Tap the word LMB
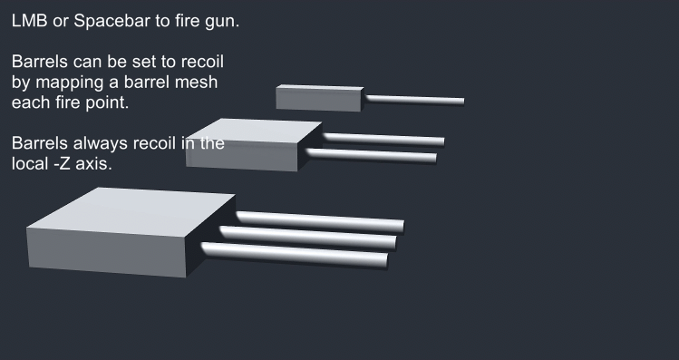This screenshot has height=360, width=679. (29, 20)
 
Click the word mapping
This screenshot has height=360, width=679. (72, 83)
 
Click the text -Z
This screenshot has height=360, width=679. (64, 164)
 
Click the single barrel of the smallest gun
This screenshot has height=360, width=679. (415, 101)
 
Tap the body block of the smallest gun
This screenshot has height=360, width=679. (319, 98)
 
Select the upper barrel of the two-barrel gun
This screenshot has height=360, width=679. (383, 140)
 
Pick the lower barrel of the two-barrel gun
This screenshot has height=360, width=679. (372, 155)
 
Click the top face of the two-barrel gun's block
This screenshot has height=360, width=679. (255, 131)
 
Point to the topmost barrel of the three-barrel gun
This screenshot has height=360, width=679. (320, 222)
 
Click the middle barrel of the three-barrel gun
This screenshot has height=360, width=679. (308, 238)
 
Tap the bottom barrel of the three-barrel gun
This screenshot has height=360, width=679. (295, 255)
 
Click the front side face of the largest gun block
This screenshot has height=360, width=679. (107, 253)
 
